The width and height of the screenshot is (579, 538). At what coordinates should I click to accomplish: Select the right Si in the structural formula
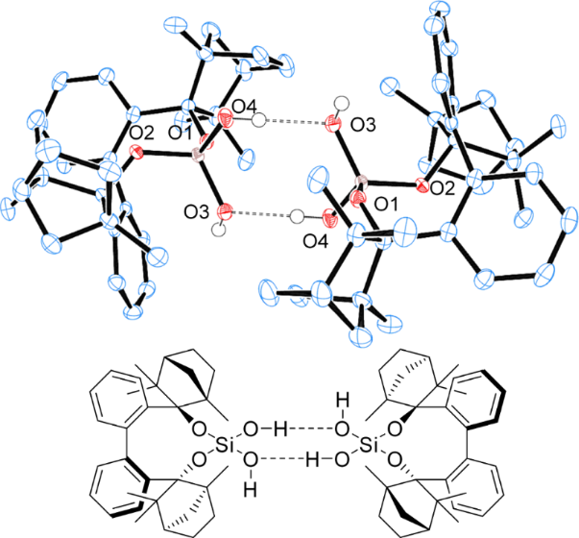point(370,447)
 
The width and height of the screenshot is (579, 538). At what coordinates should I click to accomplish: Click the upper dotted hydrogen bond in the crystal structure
point(294,121)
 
